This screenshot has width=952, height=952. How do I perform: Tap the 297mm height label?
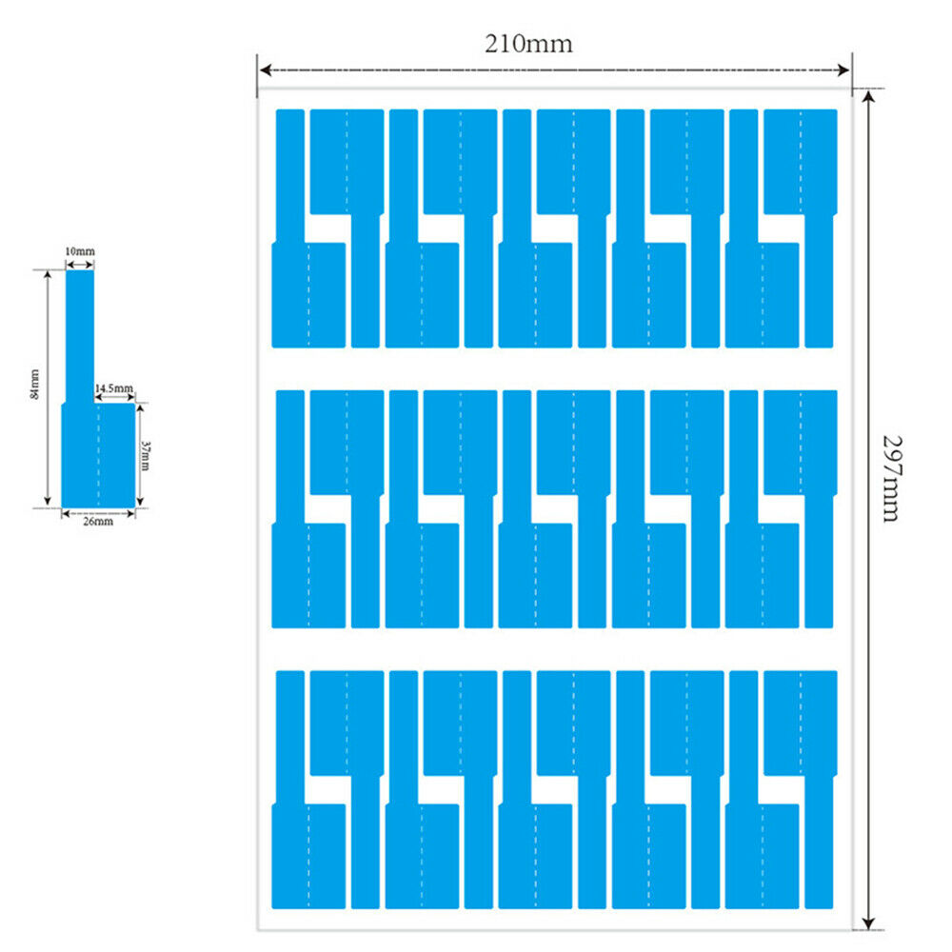[x=890, y=479]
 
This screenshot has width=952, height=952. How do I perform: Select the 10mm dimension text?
[x=80, y=251]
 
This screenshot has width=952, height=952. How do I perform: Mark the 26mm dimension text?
[x=97, y=521]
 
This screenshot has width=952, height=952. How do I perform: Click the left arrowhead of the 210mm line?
[x=265, y=69]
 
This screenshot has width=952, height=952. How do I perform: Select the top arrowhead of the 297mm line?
[x=867, y=97]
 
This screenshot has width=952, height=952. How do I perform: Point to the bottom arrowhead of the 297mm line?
[x=867, y=922]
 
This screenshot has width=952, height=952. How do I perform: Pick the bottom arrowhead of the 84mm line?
[x=48, y=503]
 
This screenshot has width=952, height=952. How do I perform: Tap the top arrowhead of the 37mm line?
[x=139, y=408]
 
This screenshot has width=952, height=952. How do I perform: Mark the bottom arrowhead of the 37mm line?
[x=139, y=503]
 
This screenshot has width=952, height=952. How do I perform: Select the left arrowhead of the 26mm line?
[x=66, y=512]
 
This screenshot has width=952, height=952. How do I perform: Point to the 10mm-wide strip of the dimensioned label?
[x=80, y=333]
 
